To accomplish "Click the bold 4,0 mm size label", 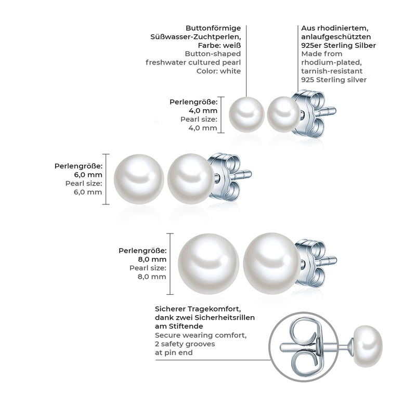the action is click(x=203, y=111).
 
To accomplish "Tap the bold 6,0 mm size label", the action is click(x=88, y=175).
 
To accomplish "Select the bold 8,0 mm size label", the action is click(x=152, y=259).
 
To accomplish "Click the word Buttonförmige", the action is click(x=213, y=28).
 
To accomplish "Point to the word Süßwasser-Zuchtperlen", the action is click(x=196, y=37).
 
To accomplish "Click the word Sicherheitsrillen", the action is click(x=225, y=318).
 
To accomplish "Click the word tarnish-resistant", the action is click(x=332, y=71).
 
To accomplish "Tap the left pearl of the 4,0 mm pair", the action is click(x=246, y=114).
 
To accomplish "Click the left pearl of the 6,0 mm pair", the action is click(x=139, y=179).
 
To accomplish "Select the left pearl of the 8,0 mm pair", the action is click(x=209, y=264).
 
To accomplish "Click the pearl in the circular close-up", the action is click(x=368, y=346).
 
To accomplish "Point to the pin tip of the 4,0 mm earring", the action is click(x=335, y=111).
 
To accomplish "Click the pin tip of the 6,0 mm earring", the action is click(x=250, y=174).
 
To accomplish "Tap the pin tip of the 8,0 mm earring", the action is click(x=335, y=260).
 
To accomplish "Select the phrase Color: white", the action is click(x=218, y=71).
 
